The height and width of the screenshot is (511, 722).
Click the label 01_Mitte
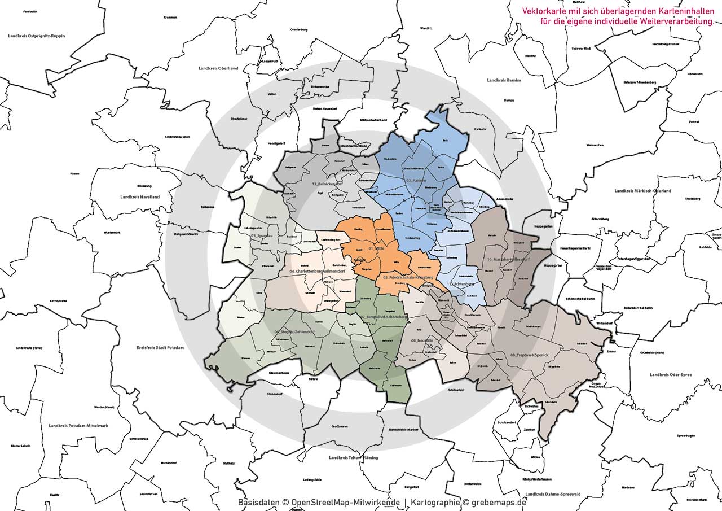coord(376,248)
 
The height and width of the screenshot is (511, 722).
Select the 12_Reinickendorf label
coord(328,184)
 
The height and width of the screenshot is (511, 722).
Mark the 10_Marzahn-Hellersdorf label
coord(508,259)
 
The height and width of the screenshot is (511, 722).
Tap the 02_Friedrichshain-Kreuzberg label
coord(408,278)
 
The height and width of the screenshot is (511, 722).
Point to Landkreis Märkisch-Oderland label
coord(642,191)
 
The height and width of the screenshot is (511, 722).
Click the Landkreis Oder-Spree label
coord(671,374)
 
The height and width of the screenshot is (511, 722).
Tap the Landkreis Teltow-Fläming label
coord(353,457)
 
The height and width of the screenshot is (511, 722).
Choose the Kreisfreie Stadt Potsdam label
coord(160,348)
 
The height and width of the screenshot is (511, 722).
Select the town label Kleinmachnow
coord(264,373)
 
